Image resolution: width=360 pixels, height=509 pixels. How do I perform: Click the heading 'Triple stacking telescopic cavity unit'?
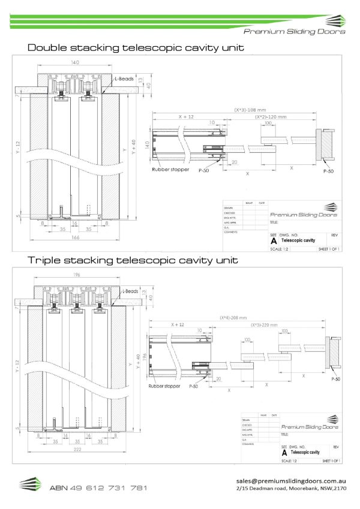click(x=133, y=260)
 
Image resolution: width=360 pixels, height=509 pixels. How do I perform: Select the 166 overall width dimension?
click(x=74, y=238)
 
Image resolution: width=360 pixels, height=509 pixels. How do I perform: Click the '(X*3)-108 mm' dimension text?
click(x=249, y=110)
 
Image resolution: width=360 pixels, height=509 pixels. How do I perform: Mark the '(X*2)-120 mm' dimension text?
click(x=270, y=117)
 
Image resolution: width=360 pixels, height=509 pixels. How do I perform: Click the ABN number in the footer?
click(x=98, y=488)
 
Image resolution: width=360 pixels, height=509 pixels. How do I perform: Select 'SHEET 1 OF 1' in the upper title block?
click(x=329, y=248)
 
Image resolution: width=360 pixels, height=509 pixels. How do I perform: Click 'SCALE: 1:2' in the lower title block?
click(x=290, y=460)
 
